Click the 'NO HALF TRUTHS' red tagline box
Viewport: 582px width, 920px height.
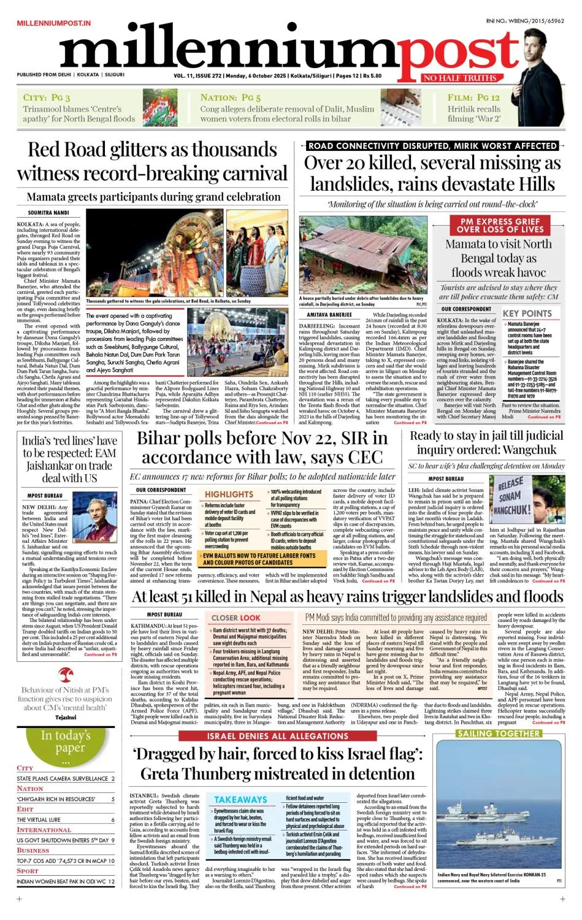tap(460, 78)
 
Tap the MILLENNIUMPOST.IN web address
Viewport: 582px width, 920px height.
tap(54, 23)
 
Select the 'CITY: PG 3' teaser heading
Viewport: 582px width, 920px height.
tap(47, 98)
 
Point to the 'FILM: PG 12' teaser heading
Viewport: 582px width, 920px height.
tap(473, 98)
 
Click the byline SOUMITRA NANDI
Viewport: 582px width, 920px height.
tap(48, 213)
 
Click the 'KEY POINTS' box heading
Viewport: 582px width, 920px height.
tap(527, 313)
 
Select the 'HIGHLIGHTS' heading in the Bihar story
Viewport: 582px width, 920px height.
tap(229, 494)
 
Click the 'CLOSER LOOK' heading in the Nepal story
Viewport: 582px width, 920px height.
tap(235, 618)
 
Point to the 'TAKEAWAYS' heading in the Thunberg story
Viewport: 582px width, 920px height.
tap(240, 800)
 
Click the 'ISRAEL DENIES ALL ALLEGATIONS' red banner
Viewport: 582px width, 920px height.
tap(277, 736)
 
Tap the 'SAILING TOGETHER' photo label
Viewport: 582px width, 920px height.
tap(499, 734)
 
